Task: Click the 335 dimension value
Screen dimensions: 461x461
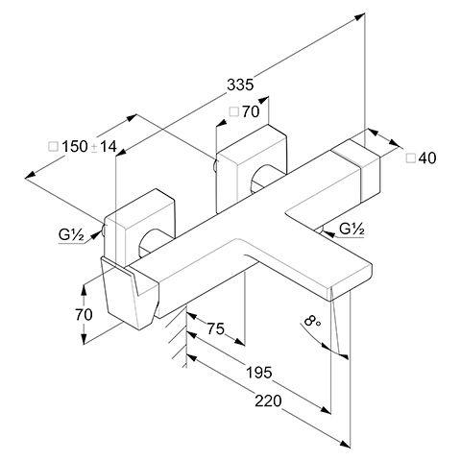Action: pos(240,85)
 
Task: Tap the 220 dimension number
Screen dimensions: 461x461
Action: pos(268,400)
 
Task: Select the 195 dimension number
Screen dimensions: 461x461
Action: pos(259,373)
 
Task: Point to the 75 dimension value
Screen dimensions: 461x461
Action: pos(216,328)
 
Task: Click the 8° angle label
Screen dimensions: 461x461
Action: pos(312,321)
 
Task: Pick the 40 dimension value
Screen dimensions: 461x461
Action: pos(427,158)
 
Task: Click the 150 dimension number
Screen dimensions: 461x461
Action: pos(74,147)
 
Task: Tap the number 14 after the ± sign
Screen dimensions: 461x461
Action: pos(109,147)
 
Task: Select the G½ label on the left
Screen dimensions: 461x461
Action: pos(71,235)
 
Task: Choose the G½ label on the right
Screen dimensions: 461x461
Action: pos(352,230)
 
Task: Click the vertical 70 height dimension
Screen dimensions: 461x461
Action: pos(84,314)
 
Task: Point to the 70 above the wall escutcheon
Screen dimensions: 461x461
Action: pos(251,111)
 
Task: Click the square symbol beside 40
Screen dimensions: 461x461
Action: pos(411,158)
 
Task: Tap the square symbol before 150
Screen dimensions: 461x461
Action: pos(53,147)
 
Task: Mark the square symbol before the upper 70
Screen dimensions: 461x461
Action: pos(234,111)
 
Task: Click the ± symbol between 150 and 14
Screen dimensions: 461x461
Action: pos(94,148)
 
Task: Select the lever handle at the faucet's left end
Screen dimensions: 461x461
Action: pos(130,293)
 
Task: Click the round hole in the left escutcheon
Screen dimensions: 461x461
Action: pos(151,242)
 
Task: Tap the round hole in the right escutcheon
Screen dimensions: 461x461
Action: pos(263,179)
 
